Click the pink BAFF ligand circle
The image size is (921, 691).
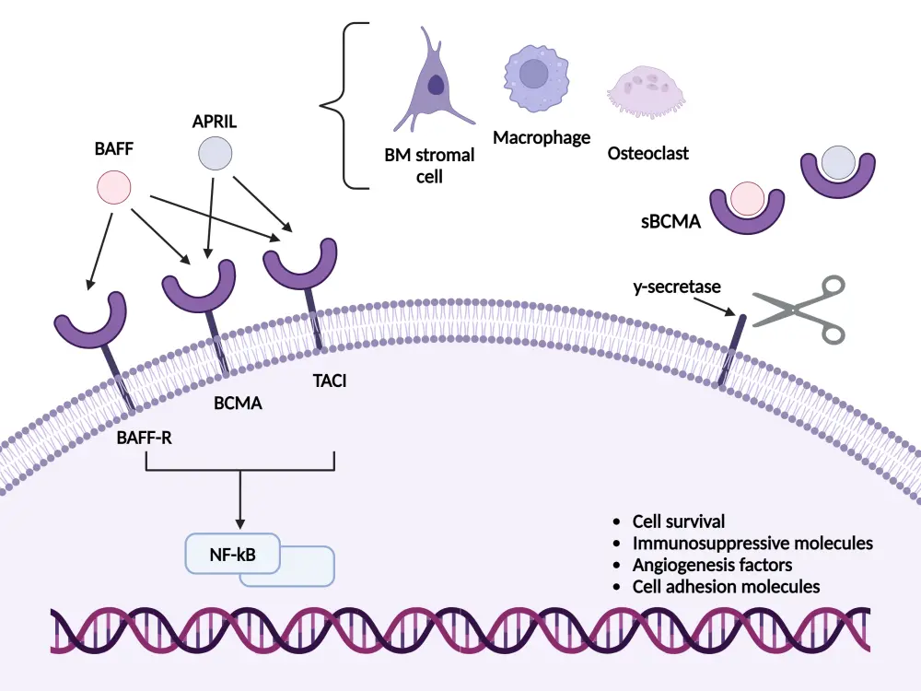click(113, 188)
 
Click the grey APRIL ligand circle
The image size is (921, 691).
click(215, 153)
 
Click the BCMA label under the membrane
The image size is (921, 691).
click(239, 403)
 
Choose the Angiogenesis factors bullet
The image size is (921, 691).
click(713, 565)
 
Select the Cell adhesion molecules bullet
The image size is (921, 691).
click(727, 587)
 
